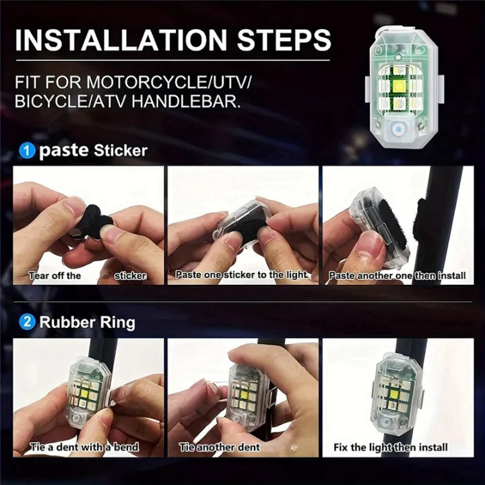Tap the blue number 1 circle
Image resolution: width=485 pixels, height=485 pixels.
28,151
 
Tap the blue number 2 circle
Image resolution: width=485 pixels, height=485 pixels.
28,322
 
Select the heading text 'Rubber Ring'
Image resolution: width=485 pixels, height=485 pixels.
87,322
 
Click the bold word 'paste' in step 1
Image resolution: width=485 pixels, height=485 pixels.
63,150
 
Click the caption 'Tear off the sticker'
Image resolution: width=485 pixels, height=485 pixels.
88,276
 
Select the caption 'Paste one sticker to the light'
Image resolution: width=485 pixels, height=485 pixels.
242,275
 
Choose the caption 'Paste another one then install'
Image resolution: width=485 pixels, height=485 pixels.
397,276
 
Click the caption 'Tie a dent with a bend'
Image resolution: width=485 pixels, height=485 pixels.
84,447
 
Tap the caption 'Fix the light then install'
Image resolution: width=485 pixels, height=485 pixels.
391,447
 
